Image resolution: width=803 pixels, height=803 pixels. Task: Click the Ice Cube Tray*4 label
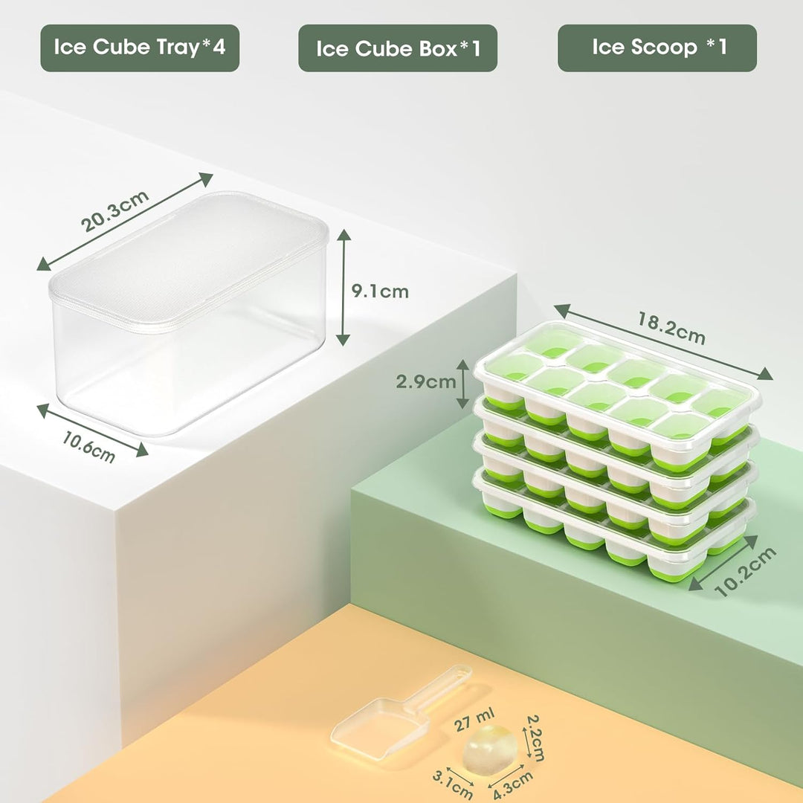tap(140, 48)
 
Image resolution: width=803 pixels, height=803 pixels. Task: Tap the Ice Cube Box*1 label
tap(398, 48)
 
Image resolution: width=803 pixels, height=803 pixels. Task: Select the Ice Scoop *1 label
tap(657, 48)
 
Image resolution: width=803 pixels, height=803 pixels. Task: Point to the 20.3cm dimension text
tap(115, 211)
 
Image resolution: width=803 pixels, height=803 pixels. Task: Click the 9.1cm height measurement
tap(380, 291)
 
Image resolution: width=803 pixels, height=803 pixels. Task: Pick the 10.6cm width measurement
tap(88, 448)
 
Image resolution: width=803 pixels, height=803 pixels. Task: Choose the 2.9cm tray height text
tap(425, 382)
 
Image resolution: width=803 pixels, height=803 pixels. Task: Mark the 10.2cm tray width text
tap(746, 571)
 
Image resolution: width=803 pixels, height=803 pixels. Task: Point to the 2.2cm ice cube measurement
tap(535, 738)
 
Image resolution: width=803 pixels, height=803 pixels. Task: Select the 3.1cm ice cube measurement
tap(453, 782)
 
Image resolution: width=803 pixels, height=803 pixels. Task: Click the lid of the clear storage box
tap(190, 257)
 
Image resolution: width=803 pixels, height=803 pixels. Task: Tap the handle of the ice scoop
tap(439, 688)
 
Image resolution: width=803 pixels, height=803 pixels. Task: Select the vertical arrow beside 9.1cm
tap(343, 287)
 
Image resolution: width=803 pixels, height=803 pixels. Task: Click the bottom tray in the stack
tap(610, 543)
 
